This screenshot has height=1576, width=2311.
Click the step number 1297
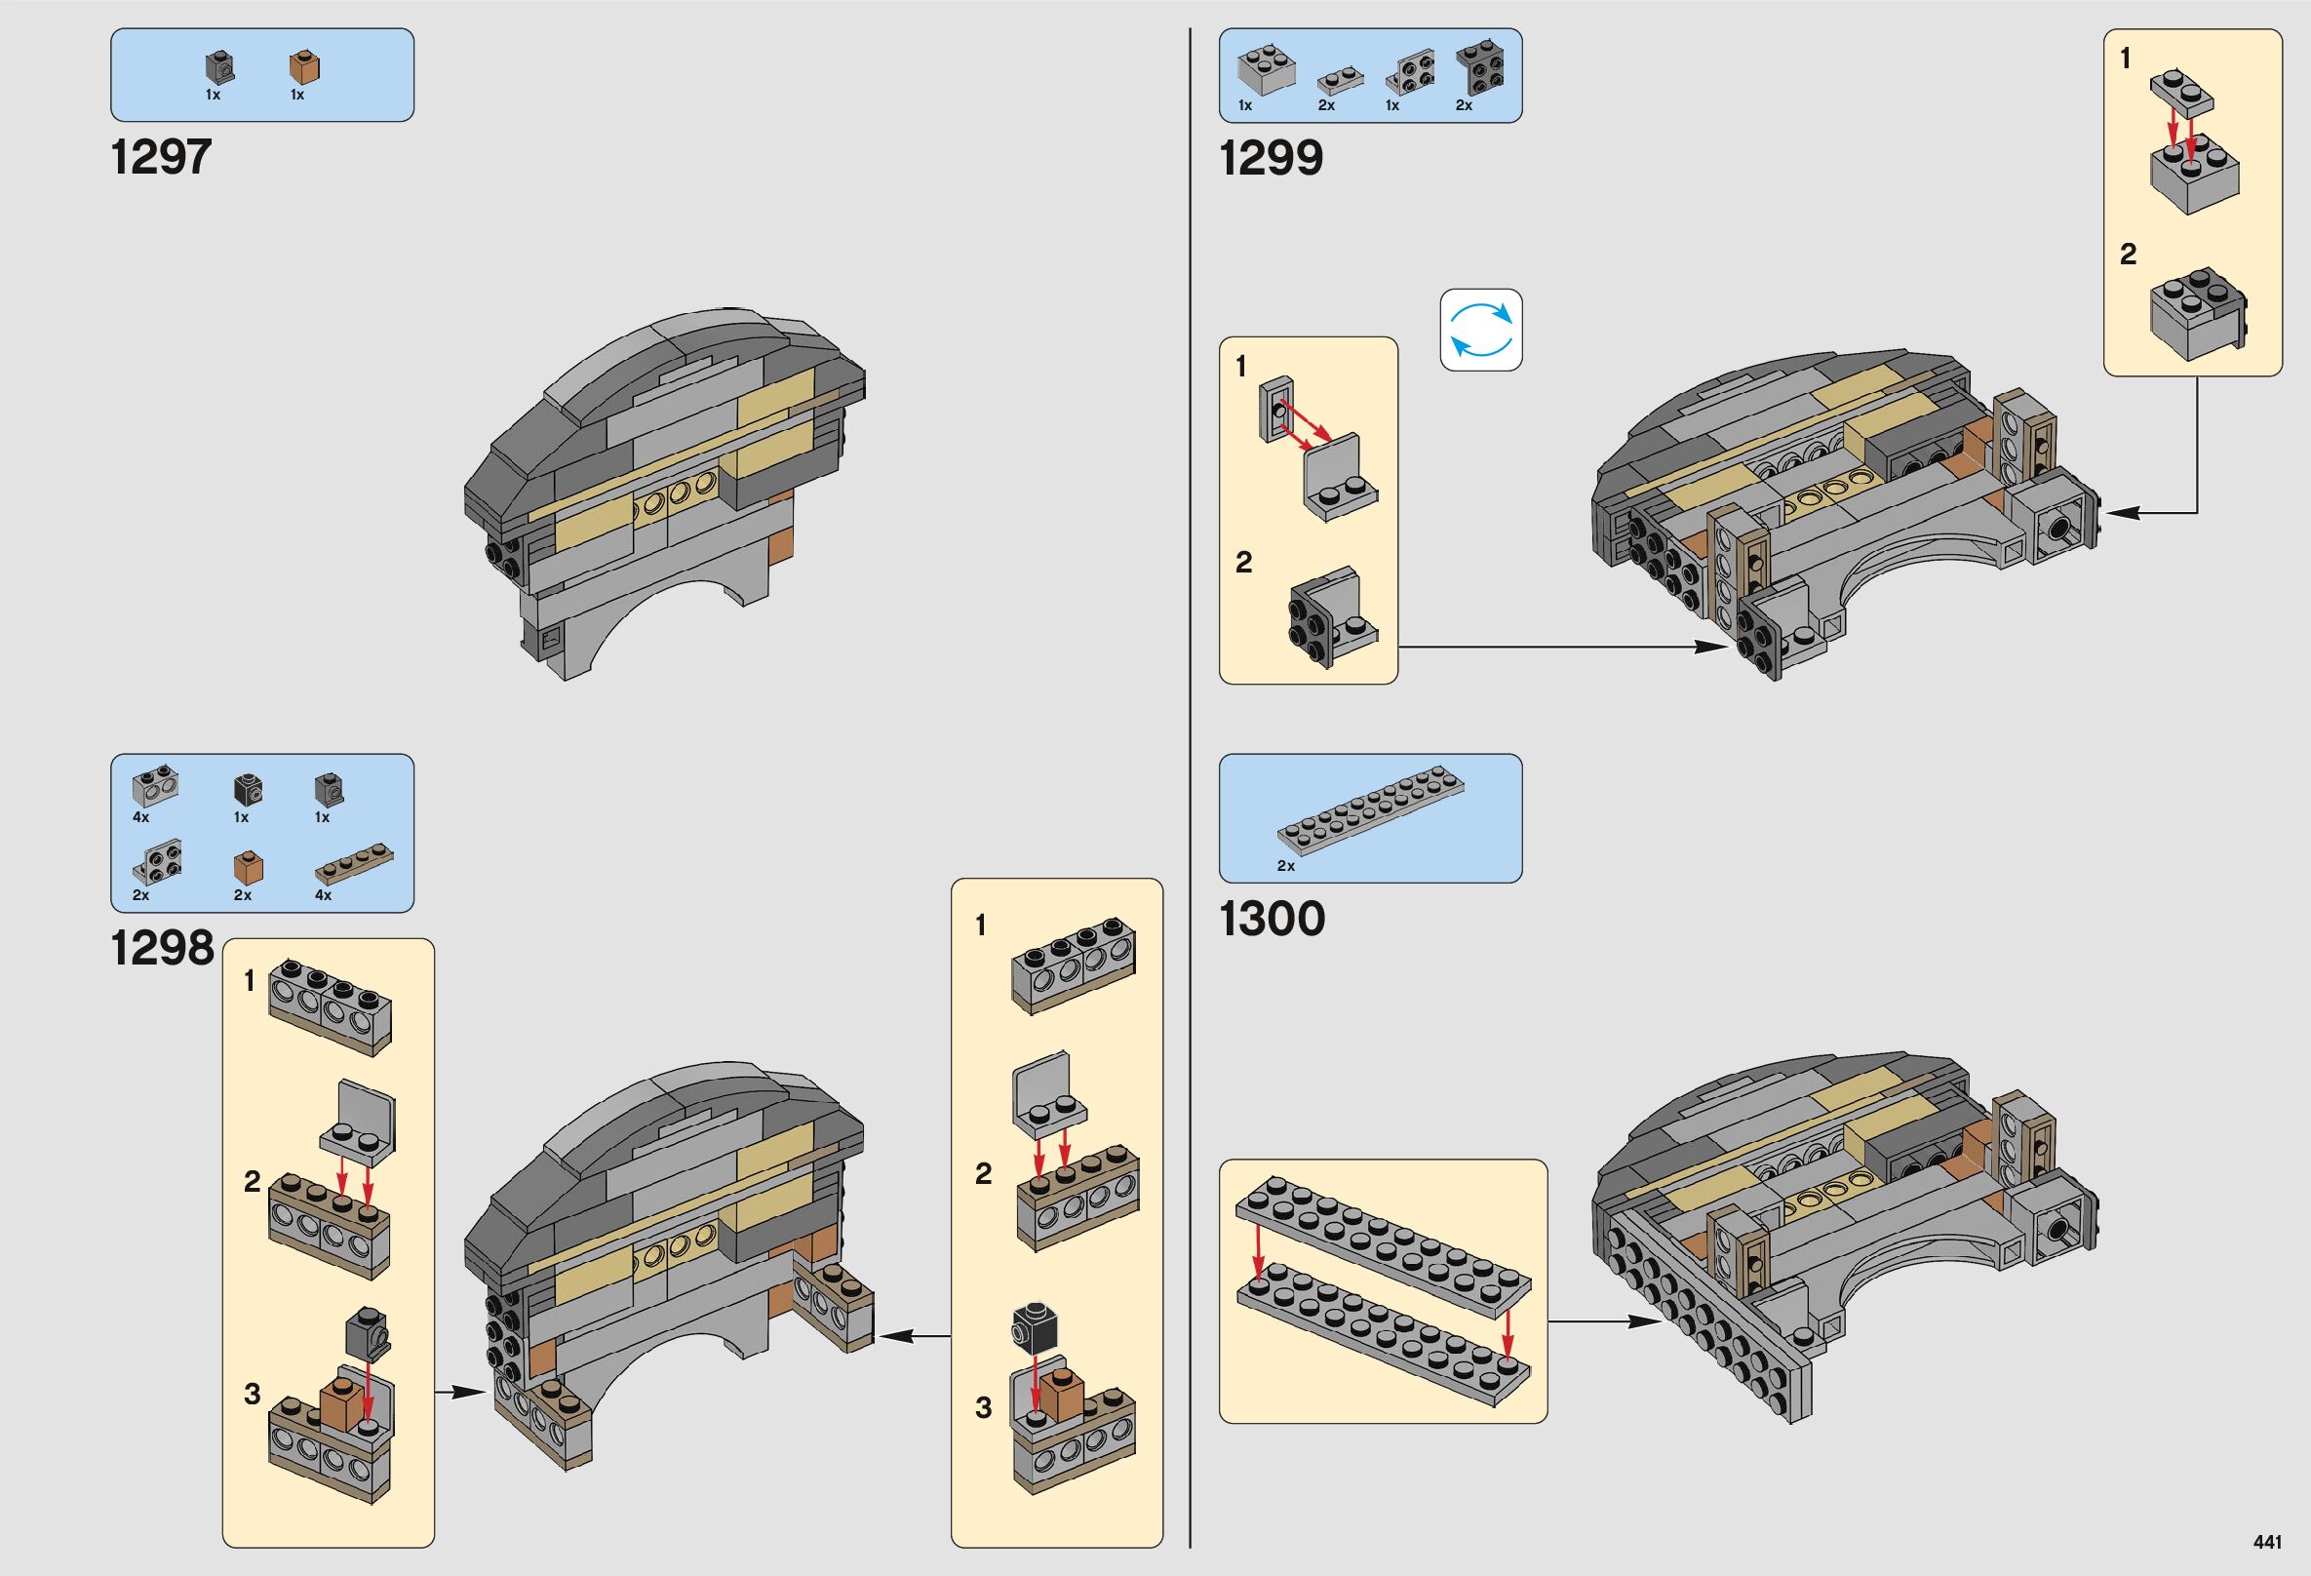161,157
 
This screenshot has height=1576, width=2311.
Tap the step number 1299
1271,157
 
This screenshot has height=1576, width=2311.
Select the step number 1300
1272,918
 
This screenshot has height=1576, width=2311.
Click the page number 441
2267,1542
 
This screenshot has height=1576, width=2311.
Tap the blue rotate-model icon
1480,330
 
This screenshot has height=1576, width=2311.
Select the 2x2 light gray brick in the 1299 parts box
1265,68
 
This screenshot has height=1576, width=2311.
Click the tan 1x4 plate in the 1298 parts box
355,866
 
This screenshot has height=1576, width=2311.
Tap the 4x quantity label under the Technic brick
141,817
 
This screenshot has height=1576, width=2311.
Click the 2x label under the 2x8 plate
1286,866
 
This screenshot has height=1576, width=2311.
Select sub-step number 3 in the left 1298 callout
253,1394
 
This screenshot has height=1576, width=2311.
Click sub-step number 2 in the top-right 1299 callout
2128,255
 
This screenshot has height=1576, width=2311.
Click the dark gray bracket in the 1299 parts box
1478,68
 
